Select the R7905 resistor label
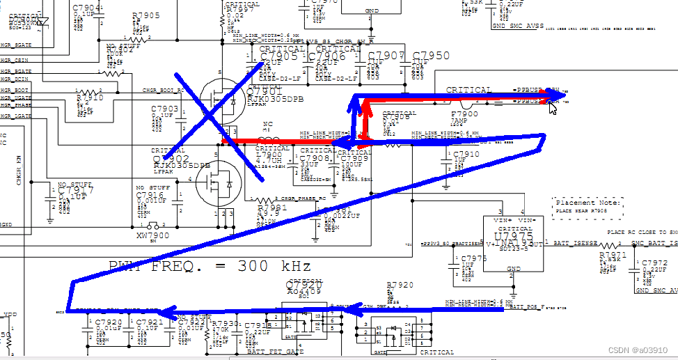(145, 15)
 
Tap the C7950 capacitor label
(431, 56)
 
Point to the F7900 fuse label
(464, 113)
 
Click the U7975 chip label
(514, 236)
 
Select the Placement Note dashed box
(588, 206)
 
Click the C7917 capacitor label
(74, 190)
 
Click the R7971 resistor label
(613, 256)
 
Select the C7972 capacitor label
(654, 263)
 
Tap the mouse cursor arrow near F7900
(553, 107)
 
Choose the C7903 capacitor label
(165, 109)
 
